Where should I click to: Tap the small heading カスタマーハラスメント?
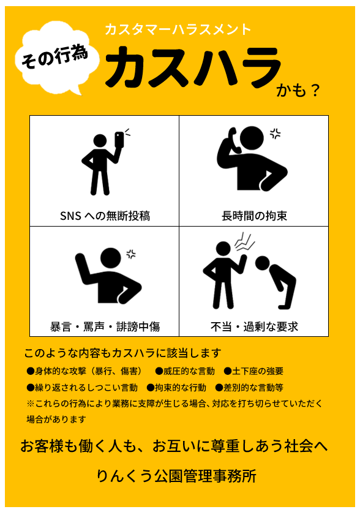point(178,29)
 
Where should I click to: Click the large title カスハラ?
point(193,67)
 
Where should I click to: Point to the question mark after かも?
point(314,91)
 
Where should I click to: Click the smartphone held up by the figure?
point(119,139)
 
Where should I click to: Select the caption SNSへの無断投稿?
point(105,216)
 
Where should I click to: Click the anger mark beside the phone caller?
point(275,134)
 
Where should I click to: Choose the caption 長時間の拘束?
point(254,216)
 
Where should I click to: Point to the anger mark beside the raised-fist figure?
point(131,254)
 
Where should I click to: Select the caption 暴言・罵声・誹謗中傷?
point(105,326)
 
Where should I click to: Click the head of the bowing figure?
point(262,263)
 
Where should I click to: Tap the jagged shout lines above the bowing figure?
point(244,241)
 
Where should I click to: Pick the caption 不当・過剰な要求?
point(254,326)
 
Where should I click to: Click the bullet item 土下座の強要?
point(253,371)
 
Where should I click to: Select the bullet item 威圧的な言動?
point(185,371)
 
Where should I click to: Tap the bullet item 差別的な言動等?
point(249,388)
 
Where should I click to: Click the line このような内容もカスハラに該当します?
point(122,353)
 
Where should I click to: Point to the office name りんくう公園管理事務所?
point(176,476)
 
